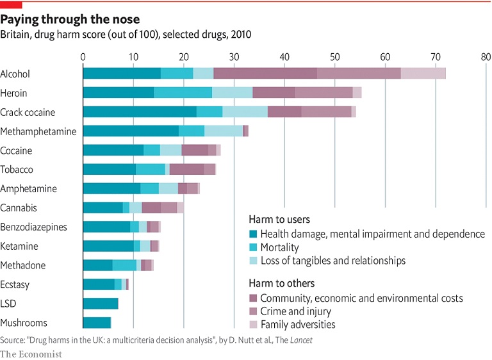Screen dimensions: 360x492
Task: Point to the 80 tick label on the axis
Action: (x=486, y=57)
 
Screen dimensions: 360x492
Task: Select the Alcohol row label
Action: (x=15, y=74)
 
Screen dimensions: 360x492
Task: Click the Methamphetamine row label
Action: (x=38, y=131)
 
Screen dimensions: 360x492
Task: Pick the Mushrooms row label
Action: (x=24, y=323)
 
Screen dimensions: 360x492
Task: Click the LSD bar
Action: (x=101, y=304)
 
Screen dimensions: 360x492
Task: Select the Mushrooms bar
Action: (x=97, y=323)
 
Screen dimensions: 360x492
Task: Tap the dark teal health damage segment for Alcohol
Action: (x=122, y=74)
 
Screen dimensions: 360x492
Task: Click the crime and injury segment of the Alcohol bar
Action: (x=359, y=74)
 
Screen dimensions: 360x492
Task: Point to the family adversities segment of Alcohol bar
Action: (x=423, y=74)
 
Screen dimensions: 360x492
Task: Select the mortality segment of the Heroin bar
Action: (x=183, y=93)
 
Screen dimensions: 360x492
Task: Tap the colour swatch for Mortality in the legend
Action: (x=253, y=247)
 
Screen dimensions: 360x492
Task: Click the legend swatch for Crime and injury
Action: (x=253, y=311)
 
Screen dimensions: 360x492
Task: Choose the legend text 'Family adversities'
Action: (x=297, y=325)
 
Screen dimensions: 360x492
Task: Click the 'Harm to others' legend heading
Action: (x=282, y=283)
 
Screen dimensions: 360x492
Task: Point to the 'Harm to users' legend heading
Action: (x=280, y=219)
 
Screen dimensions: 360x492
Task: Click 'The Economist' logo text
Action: (x=31, y=354)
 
